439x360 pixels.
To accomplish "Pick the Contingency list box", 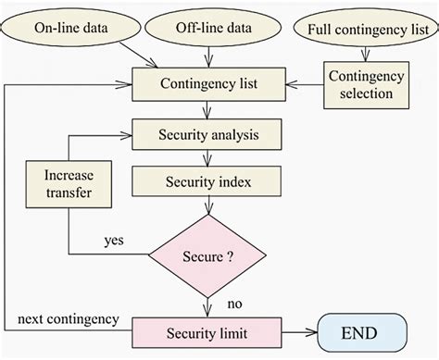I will tap(207, 86).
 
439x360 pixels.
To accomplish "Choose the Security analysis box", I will tap(207, 134).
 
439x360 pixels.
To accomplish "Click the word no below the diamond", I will tap(234, 303).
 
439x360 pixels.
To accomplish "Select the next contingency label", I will tap(68, 319).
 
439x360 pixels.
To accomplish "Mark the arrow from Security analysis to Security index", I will tap(207, 157).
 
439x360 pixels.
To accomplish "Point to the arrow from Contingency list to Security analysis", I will tap(207, 110).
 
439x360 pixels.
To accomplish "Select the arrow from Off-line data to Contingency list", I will tap(207, 57).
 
